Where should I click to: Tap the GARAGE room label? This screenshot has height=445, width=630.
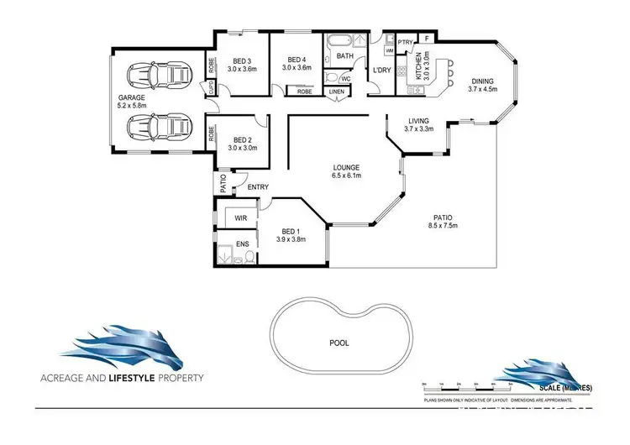[x=131, y=97]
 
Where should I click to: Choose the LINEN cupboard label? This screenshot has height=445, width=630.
[x=337, y=92]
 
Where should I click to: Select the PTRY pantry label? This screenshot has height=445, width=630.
[x=404, y=41]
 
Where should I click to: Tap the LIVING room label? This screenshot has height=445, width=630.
[x=418, y=121]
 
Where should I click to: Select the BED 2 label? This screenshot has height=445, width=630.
[x=243, y=139]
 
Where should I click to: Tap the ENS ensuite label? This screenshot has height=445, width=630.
[x=242, y=243]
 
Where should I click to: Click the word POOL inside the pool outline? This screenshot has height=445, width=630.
[x=339, y=343]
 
